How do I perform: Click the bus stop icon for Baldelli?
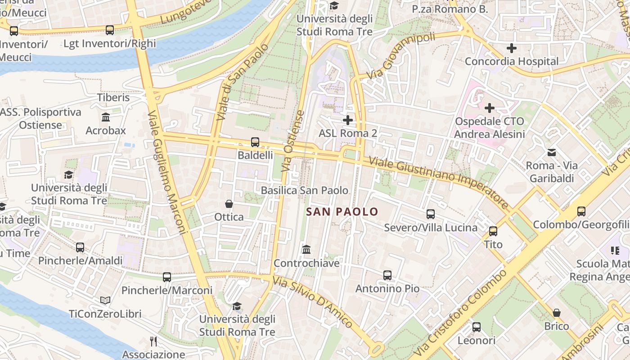click(x=255, y=142)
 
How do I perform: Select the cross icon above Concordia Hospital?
click(x=512, y=48)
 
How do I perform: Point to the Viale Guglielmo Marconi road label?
click(x=166, y=172)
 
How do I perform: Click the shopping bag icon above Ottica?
click(x=229, y=204)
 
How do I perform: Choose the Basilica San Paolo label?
click(x=305, y=190)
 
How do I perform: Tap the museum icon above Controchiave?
click(x=306, y=249)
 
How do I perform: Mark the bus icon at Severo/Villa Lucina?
click(x=431, y=214)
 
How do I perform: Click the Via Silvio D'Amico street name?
click(x=313, y=301)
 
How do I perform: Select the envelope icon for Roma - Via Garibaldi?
click(x=551, y=153)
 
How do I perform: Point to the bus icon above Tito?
click(x=493, y=231)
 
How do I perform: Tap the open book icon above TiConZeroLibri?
click(x=105, y=300)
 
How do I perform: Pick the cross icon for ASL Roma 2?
click(x=347, y=120)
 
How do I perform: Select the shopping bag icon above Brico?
click(x=557, y=313)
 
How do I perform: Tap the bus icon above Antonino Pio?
click(x=387, y=275)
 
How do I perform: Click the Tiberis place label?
click(x=113, y=98)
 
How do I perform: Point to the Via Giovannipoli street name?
click(x=401, y=55)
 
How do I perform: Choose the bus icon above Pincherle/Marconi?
click(x=167, y=277)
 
